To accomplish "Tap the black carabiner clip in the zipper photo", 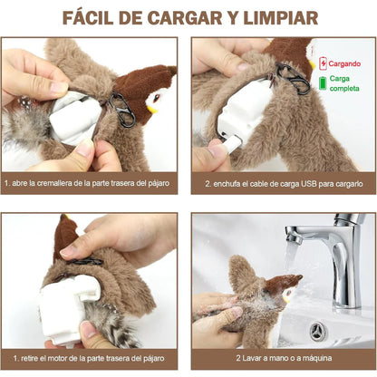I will [x=121, y=110].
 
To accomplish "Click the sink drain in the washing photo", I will [x=319, y=329].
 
